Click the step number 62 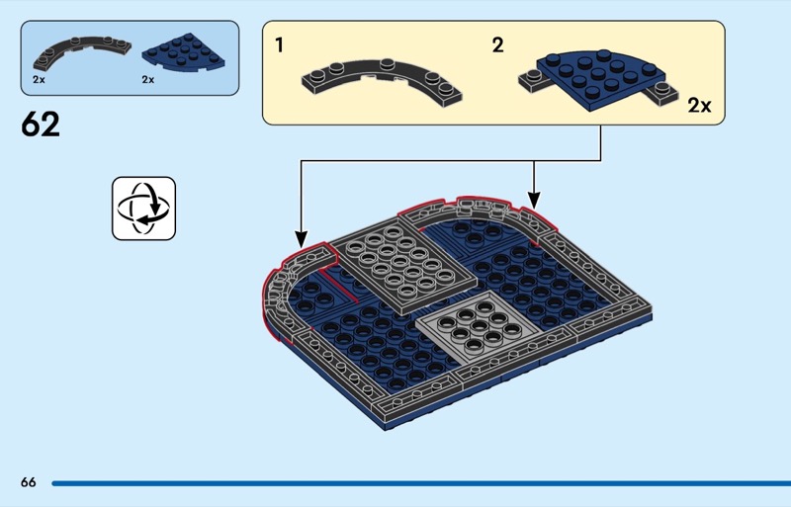click(41, 125)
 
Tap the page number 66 click(29, 482)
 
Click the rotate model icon click(143, 209)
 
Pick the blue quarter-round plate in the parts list click(184, 52)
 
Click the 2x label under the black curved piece click(39, 80)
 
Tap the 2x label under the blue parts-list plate click(147, 80)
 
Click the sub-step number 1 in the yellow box click(280, 44)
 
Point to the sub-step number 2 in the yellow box click(497, 44)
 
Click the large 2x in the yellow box click(699, 106)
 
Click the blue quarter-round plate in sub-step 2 click(600, 79)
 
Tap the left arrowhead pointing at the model click(302, 238)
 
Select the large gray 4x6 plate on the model click(404, 269)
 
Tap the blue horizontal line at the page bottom click(421, 483)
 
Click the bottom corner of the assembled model click(386, 429)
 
